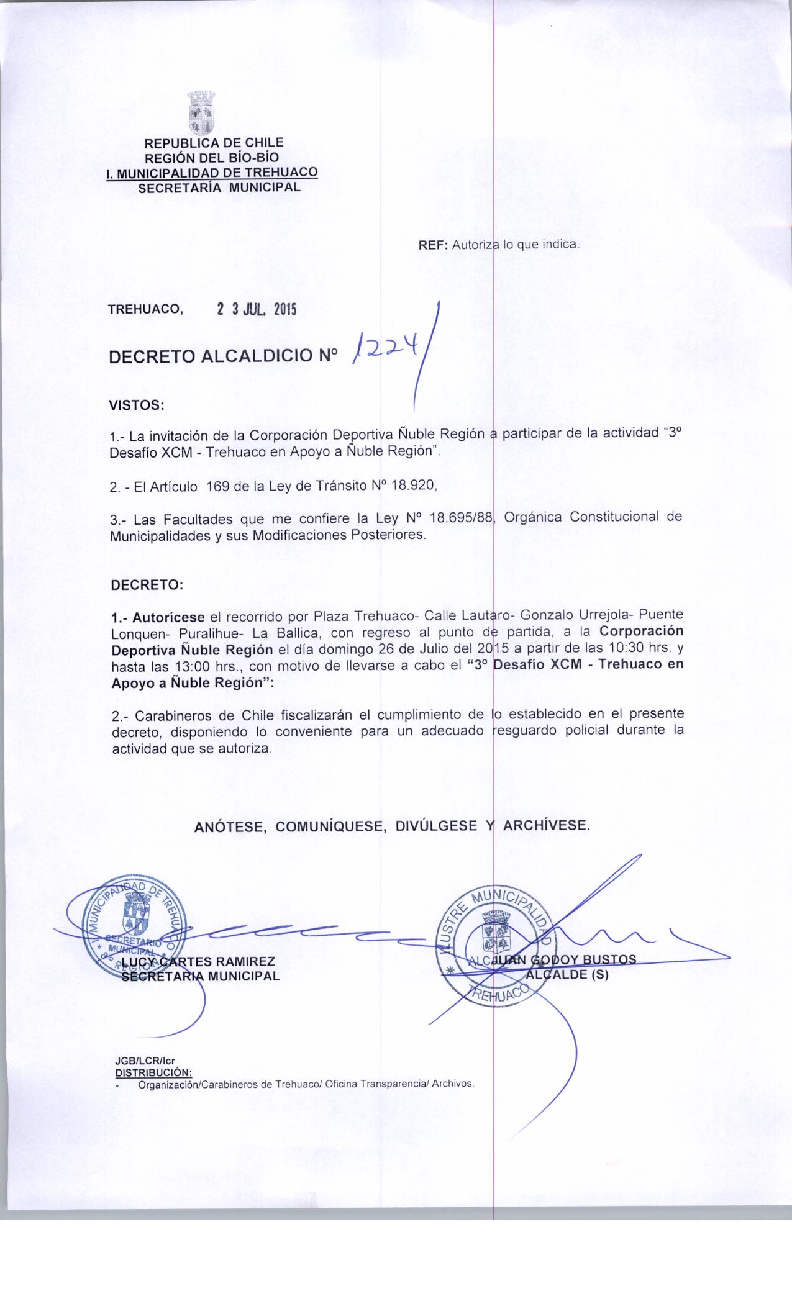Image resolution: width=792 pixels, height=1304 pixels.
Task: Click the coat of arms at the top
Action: click(201, 113)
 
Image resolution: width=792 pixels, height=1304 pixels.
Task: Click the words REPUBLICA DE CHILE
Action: click(214, 143)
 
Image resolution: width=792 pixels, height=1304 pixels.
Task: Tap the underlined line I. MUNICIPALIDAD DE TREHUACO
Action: click(212, 172)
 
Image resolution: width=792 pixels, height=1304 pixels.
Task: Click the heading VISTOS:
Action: click(137, 406)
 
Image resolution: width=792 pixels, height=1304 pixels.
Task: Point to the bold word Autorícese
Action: click(168, 618)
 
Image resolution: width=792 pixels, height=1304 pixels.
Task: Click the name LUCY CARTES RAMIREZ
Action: click(198, 962)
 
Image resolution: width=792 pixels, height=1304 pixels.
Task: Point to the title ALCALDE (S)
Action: click(567, 974)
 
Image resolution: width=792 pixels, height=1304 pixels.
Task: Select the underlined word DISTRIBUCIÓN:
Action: click(153, 1071)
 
